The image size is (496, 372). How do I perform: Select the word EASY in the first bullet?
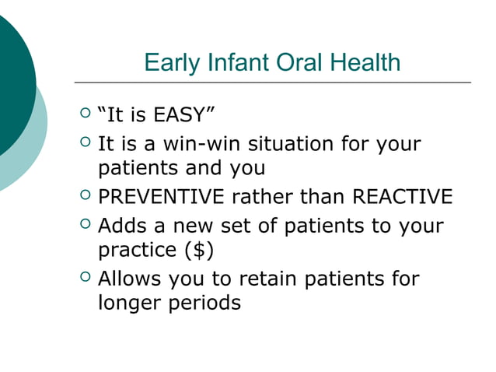[181, 116]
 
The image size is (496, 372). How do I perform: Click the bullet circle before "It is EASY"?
[86, 115]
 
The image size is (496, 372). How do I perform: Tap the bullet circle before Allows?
[86, 277]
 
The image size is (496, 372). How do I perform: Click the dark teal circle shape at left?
[12, 86]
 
